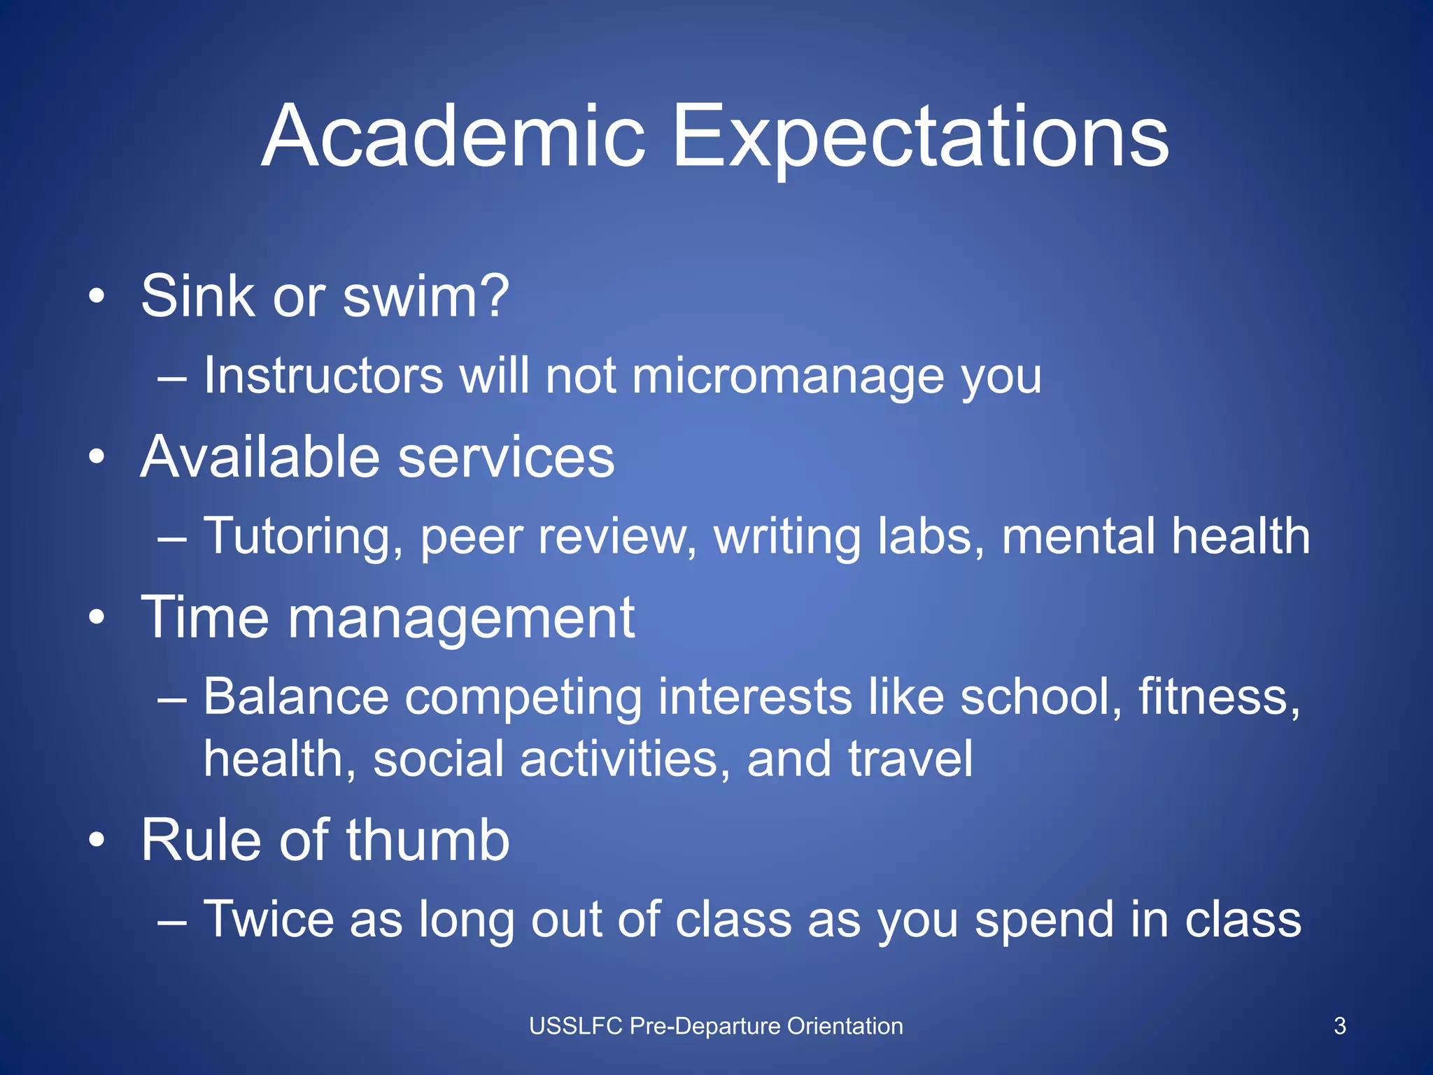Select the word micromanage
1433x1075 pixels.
pos(787,376)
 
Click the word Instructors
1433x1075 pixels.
pos(323,376)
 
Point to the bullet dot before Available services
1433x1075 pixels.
pos(97,458)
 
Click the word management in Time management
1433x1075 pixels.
pos(460,619)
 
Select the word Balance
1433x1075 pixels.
pos(296,697)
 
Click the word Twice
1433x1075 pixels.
pos(268,919)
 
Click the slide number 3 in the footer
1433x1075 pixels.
pos(1339,1026)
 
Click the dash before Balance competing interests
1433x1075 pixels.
pos(172,698)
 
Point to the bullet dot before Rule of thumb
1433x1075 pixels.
pos(97,841)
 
